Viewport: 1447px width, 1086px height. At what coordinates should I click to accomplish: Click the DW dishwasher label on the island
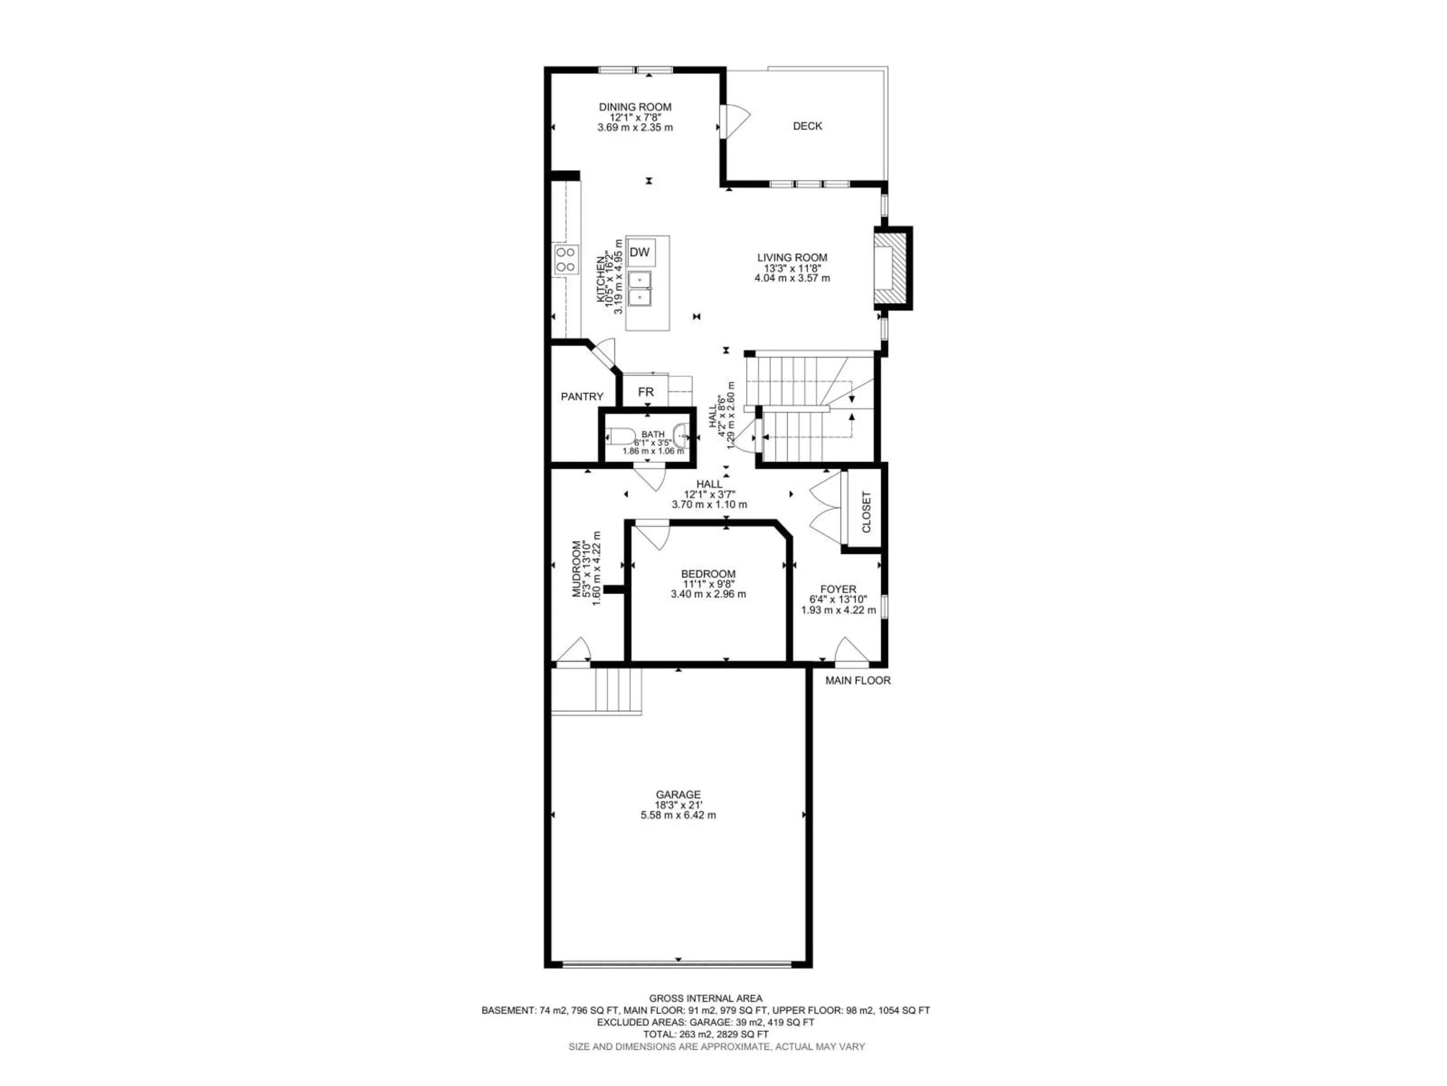(x=639, y=252)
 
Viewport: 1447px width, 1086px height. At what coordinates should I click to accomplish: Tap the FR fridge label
(x=645, y=392)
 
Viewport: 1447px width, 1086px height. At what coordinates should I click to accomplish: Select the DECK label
(x=807, y=126)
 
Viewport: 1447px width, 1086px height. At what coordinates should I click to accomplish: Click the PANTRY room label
(x=581, y=397)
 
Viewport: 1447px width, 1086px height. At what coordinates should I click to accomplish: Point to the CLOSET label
(x=866, y=512)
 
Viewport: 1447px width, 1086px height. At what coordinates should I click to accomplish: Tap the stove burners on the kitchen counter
(x=108, y=259)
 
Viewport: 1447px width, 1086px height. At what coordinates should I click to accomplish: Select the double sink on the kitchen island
(x=641, y=289)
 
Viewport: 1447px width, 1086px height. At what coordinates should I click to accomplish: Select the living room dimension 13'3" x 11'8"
(x=792, y=268)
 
